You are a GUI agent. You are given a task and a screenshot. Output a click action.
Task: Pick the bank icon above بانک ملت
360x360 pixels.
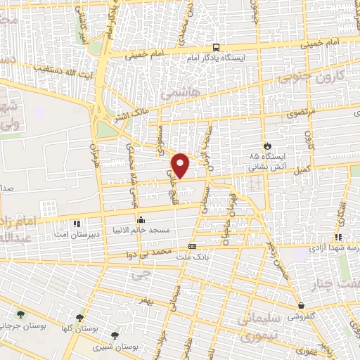click(192, 246)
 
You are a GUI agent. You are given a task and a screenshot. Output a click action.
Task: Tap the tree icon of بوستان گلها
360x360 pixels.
click(79, 317)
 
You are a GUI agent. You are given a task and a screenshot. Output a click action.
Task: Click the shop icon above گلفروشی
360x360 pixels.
click(302, 306)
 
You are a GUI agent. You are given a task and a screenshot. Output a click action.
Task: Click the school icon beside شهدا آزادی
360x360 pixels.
click(338, 238)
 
